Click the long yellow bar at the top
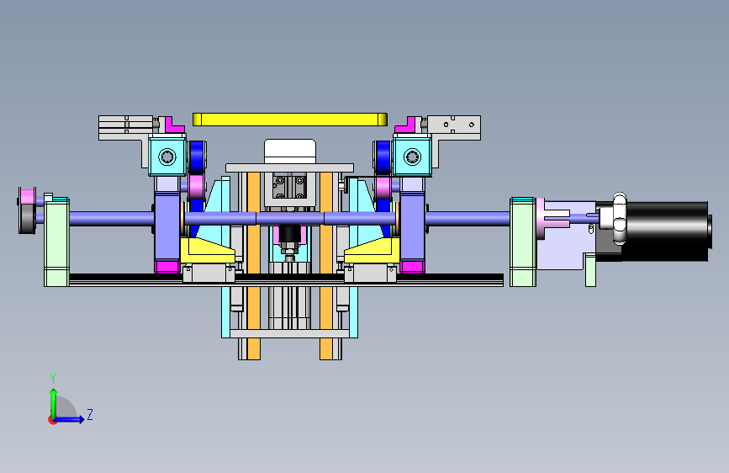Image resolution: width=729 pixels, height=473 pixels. coord(289,120)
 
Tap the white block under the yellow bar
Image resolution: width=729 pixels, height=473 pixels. coord(289,151)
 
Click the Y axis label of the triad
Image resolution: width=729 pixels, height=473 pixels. coord(53,378)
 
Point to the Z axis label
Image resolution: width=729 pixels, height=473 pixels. coord(90,414)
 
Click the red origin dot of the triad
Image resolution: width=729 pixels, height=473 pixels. coord(51,420)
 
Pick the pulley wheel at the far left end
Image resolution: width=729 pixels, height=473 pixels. coord(27,211)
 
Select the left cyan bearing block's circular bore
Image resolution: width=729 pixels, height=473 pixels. coord(167,157)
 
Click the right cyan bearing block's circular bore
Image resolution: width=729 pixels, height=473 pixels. coord(412,157)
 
